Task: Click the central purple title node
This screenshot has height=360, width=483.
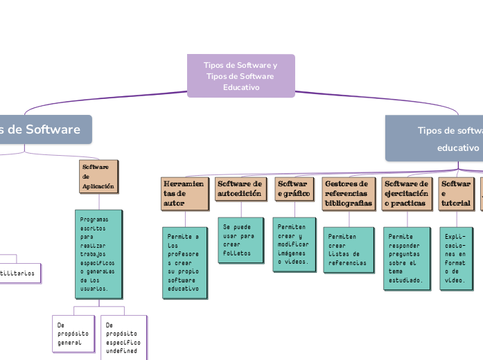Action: [241, 76]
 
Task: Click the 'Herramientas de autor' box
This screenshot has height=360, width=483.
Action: [184, 194]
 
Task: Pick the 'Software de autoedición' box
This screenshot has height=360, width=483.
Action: [240, 189]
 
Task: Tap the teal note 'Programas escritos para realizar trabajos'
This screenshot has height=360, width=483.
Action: [99, 253]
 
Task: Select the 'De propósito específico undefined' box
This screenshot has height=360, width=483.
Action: [124, 338]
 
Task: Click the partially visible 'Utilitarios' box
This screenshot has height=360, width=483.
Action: [19, 273]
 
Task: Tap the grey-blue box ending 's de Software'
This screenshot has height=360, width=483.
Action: [45, 129]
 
